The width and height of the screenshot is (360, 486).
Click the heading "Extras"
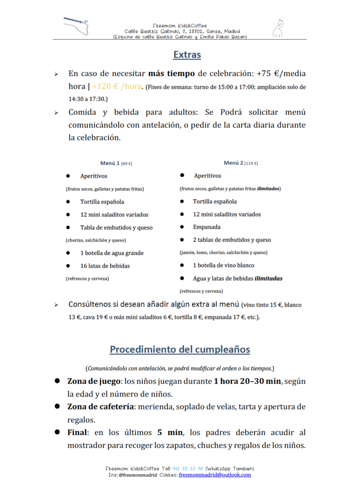[x=187, y=55]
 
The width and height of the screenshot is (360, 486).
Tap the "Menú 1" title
[x=110, y=163]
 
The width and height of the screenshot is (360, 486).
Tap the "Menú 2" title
[x=233, y=163]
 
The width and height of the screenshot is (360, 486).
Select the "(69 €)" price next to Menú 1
[x=127, y=164]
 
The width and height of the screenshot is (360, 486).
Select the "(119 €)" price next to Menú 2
[x=251, y=163]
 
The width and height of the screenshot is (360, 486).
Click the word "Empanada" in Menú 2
[x=207, y=227]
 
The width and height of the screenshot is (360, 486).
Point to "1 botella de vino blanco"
[x=223, y=265]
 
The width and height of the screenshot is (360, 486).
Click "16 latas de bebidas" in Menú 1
[x=105, y=266]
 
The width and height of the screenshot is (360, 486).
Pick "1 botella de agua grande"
[x=112, y=253]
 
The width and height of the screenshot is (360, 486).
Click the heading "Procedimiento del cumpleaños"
[x=180, y=349]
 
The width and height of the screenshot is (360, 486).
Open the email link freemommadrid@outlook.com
[x=215, y=475]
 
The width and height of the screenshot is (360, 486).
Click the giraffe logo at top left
[x=77, y=26]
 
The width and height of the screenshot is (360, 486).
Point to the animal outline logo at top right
[x=277, y=28]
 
